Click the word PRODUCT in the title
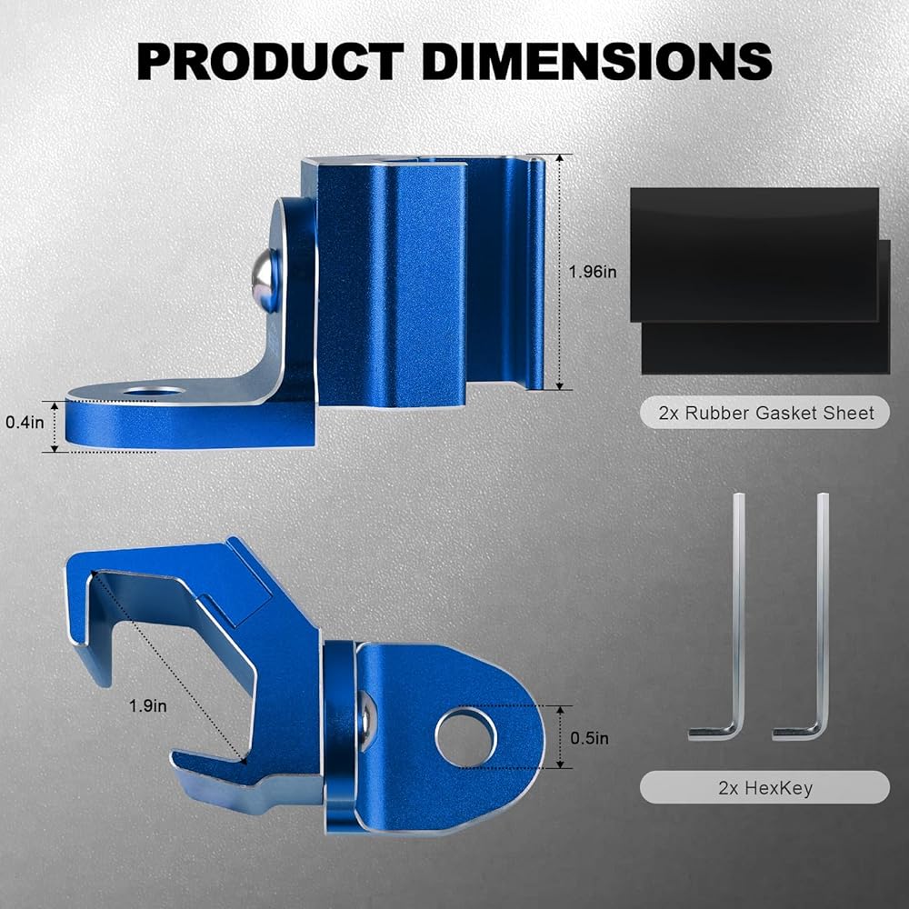tap(271, 62)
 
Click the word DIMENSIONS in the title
tap(597, 62)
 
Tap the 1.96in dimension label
tap(593, 271)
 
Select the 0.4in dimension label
tap(25, 423)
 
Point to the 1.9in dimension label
tap(148, 706)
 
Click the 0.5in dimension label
tap(590, 738)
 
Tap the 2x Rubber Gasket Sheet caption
tap(765, 413)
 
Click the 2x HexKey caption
tap(765, 788)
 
